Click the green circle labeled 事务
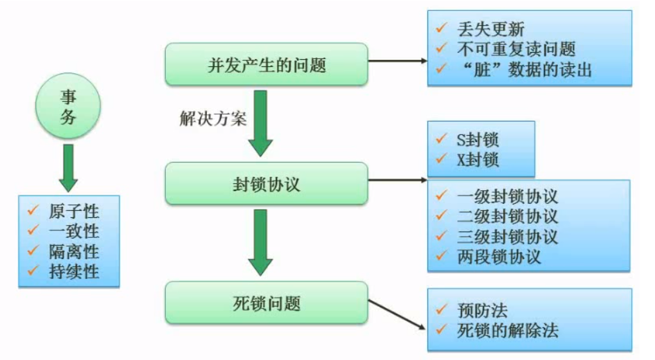(68, 107)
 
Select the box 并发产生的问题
(266, 64)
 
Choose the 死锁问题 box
(266, 302)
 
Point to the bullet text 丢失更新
(491, 29)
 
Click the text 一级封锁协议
(507, 197)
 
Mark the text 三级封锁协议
(507, 236)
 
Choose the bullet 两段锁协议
(499, 256)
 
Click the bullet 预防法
(482, 311)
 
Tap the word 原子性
(74, 211)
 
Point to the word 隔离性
(74, 251)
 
